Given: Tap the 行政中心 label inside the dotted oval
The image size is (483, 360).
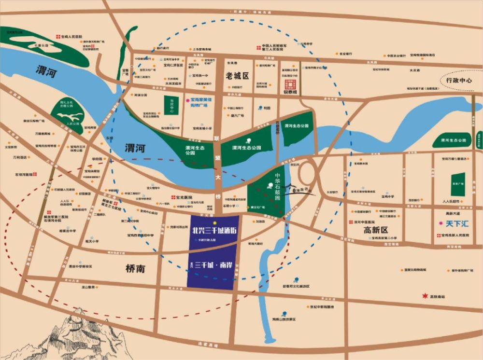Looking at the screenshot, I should point(458,81).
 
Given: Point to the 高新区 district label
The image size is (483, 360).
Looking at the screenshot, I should point(376,230).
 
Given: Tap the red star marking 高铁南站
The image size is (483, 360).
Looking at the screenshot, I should point(425,296).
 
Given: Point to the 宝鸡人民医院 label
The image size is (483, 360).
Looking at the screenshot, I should point(71,36).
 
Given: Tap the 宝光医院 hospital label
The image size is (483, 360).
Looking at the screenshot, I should point(184,198).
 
